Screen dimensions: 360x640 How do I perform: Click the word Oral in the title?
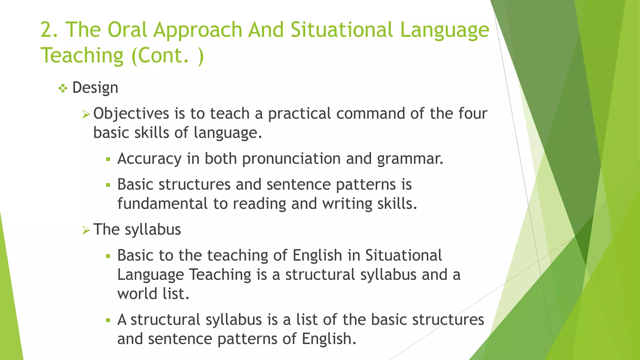click(127, 30)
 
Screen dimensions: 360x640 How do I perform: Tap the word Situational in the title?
click(342, 30)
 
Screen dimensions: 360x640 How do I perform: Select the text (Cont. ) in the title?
click(167, 56)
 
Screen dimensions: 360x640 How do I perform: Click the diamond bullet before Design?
click(63, 89)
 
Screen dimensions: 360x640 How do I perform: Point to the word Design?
click(95, 88)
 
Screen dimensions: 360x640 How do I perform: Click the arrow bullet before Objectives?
click(86, 114)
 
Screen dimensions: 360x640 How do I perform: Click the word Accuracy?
click(149, 159)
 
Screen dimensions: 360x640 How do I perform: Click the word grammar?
click(410, 159)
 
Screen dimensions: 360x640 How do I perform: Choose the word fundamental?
click(162, 204)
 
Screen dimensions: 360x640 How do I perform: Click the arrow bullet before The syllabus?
click(86, 231)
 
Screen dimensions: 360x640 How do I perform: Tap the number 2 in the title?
click(47, 30)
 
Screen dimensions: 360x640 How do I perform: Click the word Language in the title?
click(444, 30)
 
